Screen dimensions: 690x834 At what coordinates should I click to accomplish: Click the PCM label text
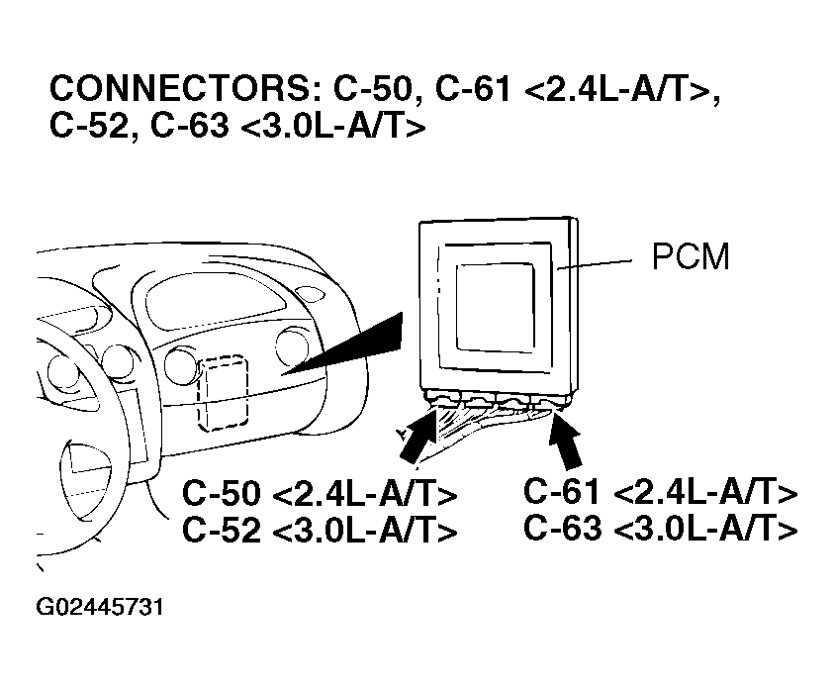691,258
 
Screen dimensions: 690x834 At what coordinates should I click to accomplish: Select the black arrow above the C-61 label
570,440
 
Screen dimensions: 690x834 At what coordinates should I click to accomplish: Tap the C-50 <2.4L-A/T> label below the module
320,494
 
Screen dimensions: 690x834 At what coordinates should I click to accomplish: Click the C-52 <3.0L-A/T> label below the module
320,531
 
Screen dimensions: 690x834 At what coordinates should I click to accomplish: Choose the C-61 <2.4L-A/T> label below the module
660,492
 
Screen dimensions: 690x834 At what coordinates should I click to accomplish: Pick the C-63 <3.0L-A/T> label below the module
660,529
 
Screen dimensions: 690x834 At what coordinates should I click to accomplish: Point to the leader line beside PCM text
597,264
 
